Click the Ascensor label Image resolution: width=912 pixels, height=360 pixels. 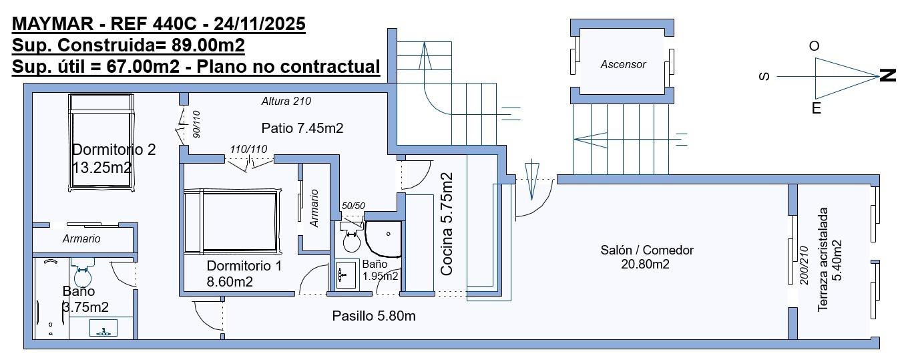623,64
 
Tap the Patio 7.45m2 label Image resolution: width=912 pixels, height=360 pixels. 302,128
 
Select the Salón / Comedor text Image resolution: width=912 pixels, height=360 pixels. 647,250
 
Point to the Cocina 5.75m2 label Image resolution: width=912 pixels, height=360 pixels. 447,224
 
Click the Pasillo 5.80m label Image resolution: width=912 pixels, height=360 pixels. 374,316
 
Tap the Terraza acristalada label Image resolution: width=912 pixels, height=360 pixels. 823,260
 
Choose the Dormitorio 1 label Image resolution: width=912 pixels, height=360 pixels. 244,266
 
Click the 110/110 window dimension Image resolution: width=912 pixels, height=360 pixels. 248,149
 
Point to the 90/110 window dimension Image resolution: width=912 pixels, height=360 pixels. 196,124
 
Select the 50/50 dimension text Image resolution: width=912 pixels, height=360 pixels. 353,206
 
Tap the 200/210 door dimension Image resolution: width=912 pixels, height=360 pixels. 804,265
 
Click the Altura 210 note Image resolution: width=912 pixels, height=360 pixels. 286,101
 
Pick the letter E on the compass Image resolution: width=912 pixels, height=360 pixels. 817,108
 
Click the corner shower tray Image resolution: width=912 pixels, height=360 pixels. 383,239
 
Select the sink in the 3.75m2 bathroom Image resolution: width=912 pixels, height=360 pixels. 103,328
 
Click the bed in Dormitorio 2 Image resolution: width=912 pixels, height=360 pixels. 101,142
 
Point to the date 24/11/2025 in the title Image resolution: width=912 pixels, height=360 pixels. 259,23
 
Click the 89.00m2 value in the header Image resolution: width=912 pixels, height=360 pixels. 208,45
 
